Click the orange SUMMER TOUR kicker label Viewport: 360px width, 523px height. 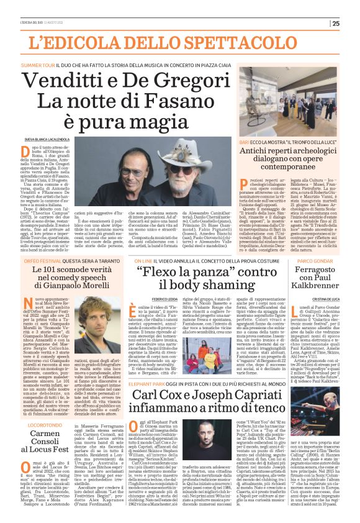[38, 64]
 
